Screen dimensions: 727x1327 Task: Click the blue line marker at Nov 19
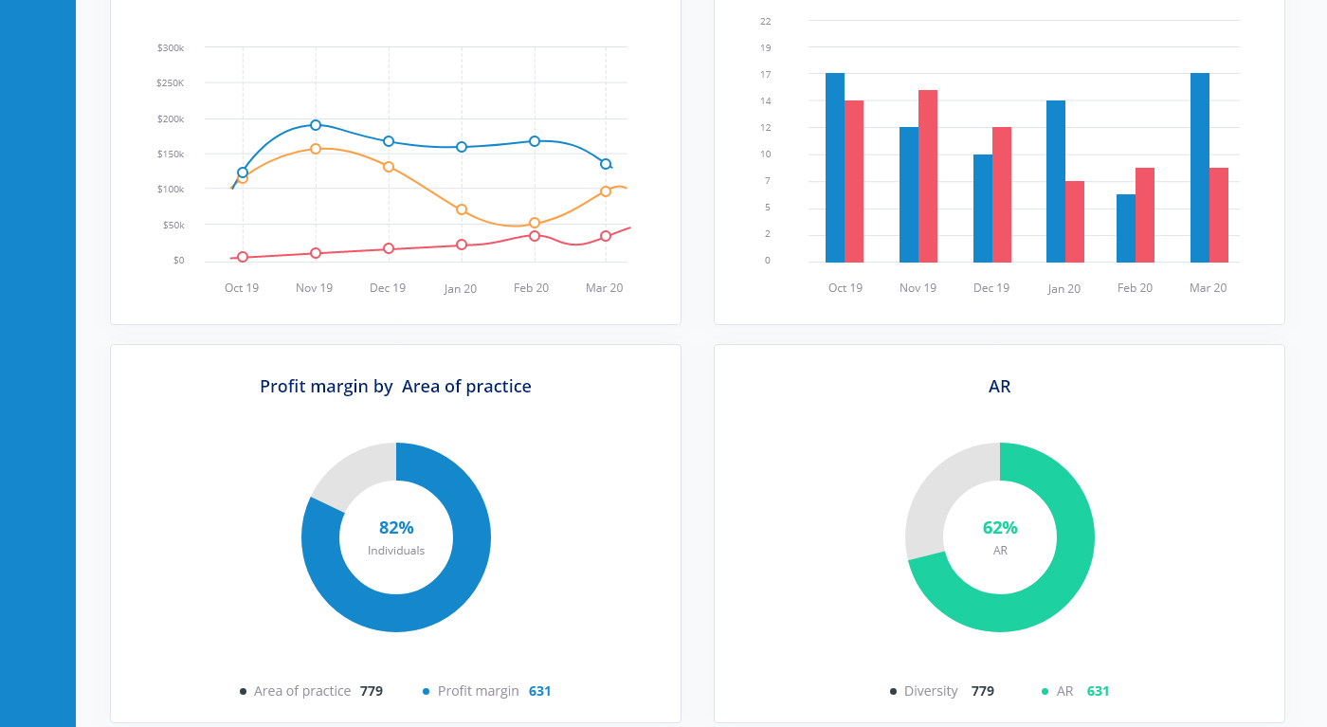coord(316,125)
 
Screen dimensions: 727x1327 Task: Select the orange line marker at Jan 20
coord(462,209)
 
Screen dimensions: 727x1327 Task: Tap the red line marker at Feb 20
coord(535,235)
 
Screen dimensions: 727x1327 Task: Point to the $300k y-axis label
coord(171,47)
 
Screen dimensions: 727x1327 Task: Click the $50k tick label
coord(173,225)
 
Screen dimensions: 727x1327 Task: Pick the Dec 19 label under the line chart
coord(388,288)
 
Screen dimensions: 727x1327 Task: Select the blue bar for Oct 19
coord(835,168)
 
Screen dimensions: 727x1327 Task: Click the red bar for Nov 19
coord(928,176)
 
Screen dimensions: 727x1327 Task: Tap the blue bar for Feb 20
coord(1126,228)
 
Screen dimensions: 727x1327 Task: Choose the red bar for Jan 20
coord(1075,222)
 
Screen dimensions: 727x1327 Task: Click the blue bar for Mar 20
coord(1200,168)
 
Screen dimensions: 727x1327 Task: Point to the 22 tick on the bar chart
coord(766,21)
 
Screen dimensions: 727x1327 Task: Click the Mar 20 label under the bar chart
coord(1208,288)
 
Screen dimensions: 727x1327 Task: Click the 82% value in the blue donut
coord(396,528)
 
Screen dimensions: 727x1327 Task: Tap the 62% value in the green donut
coord(1000,528)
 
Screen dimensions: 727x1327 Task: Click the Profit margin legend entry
coord(478,691)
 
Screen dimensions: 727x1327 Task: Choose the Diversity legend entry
coord(930,691)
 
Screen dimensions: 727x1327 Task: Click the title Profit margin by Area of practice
coord(395,387)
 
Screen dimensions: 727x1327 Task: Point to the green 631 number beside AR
coord(1098,691)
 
